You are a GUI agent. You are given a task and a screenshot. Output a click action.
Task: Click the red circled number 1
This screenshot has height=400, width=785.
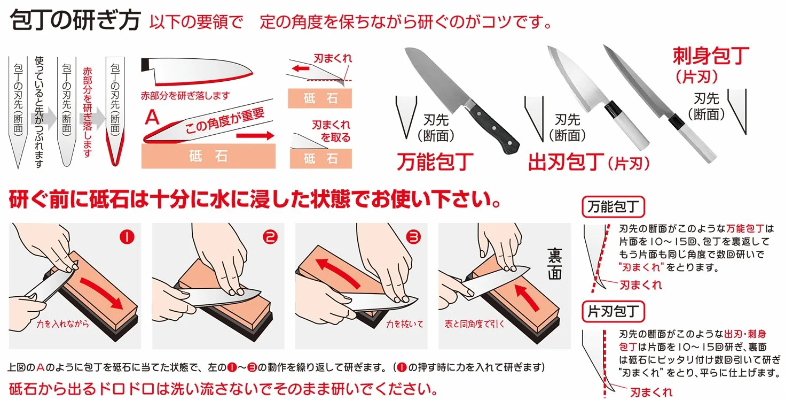(x=127, y=237)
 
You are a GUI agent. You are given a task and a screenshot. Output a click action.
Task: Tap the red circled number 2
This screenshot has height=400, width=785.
(x=270, y=237)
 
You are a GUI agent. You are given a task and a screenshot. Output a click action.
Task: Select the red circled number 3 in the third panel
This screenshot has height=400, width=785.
(x=413, y=237)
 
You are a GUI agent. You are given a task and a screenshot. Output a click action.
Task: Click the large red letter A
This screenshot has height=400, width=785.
(x=152, y=117)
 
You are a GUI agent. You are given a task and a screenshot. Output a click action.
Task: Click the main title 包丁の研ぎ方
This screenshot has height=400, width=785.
(x=75, y=20)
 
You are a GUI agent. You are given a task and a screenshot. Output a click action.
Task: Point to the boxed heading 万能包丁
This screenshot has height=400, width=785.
(x=613, y=206)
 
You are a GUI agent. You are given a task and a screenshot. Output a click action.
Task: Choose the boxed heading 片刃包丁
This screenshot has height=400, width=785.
(x=613, y=311)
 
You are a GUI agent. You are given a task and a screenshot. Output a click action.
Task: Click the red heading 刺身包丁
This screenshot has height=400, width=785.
(x=711, y=56)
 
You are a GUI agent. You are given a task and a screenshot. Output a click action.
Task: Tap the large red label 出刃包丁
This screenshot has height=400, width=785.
(x=566, y=161)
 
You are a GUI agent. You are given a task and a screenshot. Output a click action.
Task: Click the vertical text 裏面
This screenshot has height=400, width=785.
(x=555, y=264)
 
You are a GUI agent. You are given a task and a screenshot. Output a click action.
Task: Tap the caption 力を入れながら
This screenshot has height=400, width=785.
(x=62, y=324)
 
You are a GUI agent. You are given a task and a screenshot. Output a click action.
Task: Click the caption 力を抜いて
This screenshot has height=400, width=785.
(x=404, y=324)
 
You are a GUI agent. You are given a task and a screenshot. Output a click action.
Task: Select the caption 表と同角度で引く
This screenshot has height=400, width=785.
(x=474, y=324)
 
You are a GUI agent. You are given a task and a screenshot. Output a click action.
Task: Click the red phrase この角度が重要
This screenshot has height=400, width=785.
(x=225, y=120)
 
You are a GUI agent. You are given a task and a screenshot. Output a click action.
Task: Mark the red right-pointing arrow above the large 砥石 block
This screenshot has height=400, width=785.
(x=255, y=135)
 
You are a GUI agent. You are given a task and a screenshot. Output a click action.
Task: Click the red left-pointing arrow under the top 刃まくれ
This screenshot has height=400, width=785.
(x=301, y=68)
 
